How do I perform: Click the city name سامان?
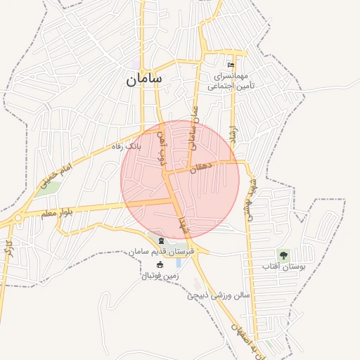(144, 79)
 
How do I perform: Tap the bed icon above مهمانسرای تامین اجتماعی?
(231, 65)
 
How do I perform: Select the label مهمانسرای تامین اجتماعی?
(228, 80)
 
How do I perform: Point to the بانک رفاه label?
(127, 146)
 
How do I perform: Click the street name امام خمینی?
(56, 175)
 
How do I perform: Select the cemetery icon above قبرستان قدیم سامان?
(162, 241)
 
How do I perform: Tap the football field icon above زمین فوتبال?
(160, 265)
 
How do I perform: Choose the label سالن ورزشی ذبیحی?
(219, 295)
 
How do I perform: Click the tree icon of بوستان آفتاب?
(283, 255)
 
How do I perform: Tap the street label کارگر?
(8, 250)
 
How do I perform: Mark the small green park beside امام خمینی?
(50, 188)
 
